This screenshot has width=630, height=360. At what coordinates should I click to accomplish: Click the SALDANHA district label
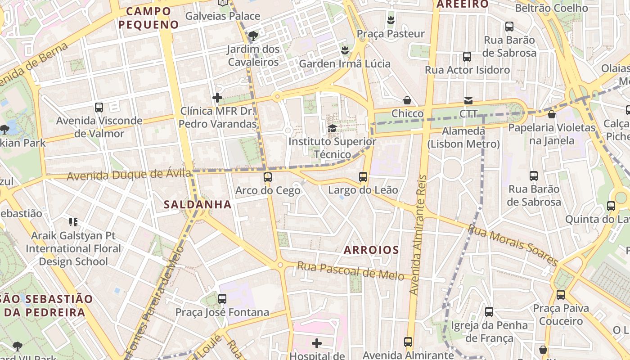tap(198, 205)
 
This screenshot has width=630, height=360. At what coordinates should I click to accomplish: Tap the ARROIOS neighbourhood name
tap(371, 250)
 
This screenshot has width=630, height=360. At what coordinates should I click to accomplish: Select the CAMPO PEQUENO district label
tap(149, 18)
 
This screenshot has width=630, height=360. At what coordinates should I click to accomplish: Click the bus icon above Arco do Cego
tap(268, 177)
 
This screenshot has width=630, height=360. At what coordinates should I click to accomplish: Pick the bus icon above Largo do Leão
tap(363, 177)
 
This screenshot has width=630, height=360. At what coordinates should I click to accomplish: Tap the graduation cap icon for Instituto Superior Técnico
tap(332, 128)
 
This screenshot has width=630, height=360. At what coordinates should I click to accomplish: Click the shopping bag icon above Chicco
tap(407, 100)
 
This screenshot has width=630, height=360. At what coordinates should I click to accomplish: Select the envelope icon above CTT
tap(468, 101)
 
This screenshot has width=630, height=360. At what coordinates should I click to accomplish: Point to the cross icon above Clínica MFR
tap(217, 98)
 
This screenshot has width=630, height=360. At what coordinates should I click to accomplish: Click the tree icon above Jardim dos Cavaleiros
tap(253, 36)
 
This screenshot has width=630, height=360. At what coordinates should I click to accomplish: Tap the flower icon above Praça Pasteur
tap(391, 20)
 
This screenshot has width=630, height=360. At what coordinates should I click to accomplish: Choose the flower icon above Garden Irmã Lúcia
tap(345, 50)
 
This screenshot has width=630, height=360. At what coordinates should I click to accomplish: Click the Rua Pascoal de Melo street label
tap(351, 271)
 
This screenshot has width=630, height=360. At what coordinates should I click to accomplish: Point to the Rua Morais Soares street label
tap(513, 245)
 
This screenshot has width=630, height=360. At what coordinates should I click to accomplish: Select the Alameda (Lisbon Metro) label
tap(463, 138)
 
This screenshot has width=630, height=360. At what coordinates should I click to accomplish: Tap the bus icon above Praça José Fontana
tap(222, 299)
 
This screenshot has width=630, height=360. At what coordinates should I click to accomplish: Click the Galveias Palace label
tap(223, 16)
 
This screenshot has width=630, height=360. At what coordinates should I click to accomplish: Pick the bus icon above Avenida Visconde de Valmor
tap(99, 108)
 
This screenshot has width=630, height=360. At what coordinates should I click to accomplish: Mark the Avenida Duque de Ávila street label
tap(126, 174)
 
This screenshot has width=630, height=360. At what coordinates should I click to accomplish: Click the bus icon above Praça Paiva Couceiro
tap(560, 295)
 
